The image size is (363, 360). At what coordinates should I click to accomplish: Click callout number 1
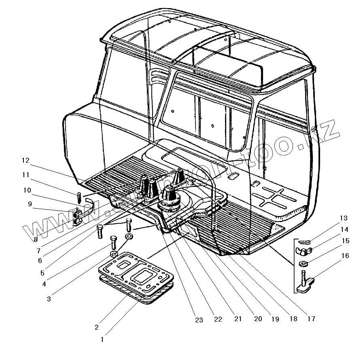tap(102, 340)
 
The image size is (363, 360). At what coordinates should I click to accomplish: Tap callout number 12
tap(26, 161)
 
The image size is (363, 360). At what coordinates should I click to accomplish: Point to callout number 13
tap(344, 218)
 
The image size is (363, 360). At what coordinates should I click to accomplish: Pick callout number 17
tap(311, 319)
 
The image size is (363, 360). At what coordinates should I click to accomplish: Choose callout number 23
tap(198, 320)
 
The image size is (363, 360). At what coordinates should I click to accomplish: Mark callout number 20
tap(258, 319)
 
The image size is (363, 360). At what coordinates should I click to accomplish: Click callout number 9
tap(30, 204)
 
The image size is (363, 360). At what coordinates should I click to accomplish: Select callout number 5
tap(42, 273)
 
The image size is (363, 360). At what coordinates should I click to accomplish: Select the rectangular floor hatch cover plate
tap(137, 273)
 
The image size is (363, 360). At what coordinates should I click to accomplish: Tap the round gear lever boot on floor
tap(169, 198)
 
